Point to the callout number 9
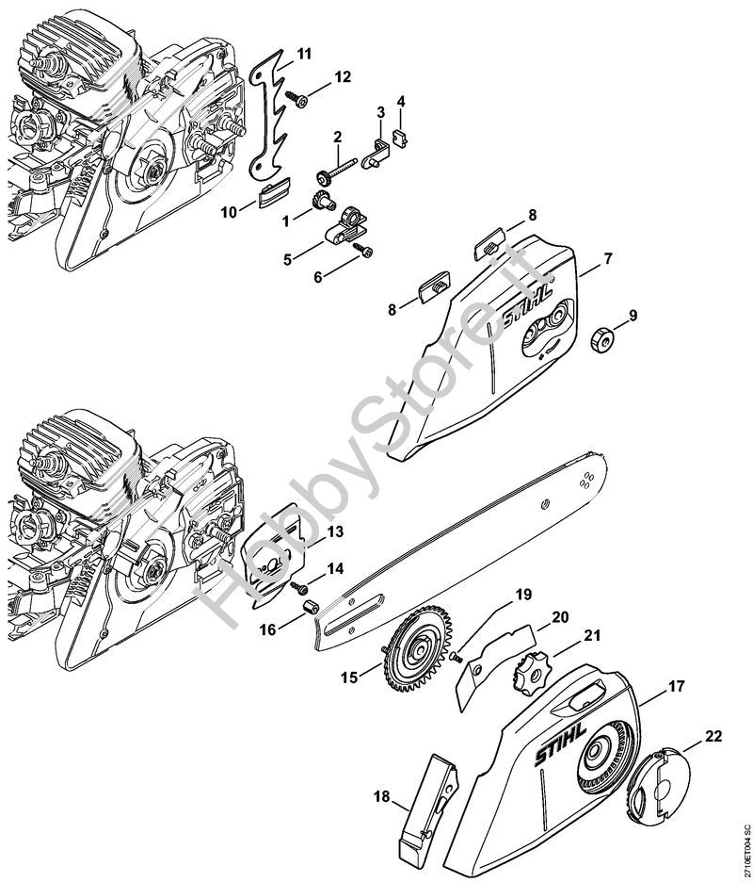pos(632,316)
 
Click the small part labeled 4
pos(401,135)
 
